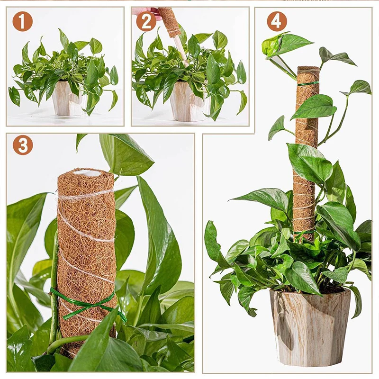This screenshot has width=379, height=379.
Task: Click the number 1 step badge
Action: click(x=22, y=22)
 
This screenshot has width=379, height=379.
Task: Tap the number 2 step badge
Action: click(x=146, y=22)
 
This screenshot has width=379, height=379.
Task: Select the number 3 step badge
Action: click(x=22, y=145)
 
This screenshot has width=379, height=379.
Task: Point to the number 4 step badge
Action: click(x=277, y=22)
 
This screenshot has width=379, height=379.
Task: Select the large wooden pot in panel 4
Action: click(x=310, y=327)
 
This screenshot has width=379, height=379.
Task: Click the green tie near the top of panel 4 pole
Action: click(x=308, y=84)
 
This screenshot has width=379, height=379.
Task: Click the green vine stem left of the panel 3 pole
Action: click(x=54, y=284)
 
